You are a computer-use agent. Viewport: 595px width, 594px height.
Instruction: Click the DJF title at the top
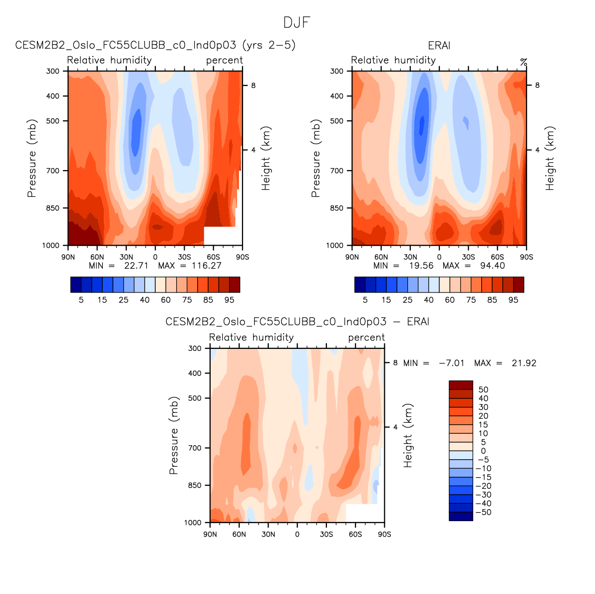click(x=297, y=22)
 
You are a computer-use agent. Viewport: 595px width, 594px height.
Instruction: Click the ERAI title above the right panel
click(x=439, y=45)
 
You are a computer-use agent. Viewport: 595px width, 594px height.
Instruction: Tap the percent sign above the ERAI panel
click(x=523, y=62)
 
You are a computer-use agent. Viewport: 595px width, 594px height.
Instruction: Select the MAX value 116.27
click(x=206, y=266)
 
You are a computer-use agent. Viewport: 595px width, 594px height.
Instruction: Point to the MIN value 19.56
click(x=421, y=266)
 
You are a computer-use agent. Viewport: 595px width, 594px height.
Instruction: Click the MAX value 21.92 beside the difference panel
click(x=524, y=363)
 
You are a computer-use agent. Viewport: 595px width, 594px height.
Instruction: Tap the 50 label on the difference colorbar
click(x=483, y=390)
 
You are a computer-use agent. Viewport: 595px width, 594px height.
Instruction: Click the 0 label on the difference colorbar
click(x=483, y=451)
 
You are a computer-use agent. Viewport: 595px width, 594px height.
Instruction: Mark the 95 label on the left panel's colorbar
click(x=229, y=300)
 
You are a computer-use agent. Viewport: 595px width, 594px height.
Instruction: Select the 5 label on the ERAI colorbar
click(x=365, y=300)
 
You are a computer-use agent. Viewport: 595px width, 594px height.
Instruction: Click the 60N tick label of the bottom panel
click(x=239, y=535)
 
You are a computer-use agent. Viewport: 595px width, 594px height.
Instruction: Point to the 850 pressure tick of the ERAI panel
click(x=337, y=208)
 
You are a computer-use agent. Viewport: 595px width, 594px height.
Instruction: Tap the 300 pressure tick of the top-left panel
click(x=53, y=71)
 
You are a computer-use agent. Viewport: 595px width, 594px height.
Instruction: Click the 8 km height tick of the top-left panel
click(x=253, y=85)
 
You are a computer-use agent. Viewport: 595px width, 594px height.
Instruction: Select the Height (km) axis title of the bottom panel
click(x=408, y=436)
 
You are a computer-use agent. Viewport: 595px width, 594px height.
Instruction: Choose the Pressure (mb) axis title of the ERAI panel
click(x=315, y=158)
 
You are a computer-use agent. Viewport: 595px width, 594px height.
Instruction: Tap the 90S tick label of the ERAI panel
click(x=526, y=257)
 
